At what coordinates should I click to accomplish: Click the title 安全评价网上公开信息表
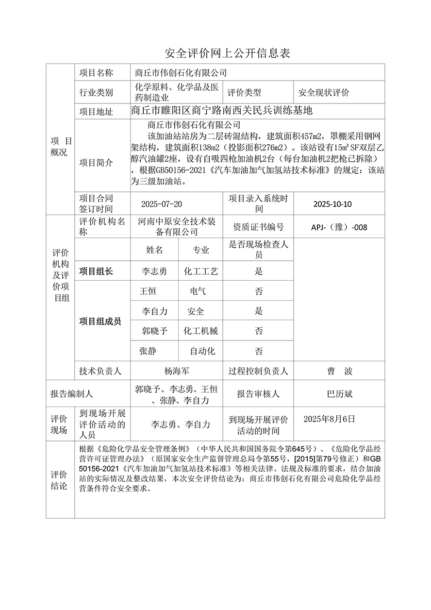[228, 53]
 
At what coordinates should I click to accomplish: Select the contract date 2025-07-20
[162, 204]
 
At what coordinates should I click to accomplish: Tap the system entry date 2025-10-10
[332, 204]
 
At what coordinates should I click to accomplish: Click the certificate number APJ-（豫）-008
[339, 227]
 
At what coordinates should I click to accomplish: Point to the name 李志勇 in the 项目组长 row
[154, 271]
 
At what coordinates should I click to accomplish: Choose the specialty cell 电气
[198, 291]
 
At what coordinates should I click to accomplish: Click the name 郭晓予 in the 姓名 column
[154, 331]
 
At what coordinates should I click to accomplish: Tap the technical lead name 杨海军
[177, 372]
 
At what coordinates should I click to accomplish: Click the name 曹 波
[340, 372]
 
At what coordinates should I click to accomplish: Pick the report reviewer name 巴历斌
[340, 394]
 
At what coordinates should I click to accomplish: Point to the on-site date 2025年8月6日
[329, 419]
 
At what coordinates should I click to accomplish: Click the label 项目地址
[96, 112]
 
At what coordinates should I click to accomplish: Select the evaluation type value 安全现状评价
[324, 92]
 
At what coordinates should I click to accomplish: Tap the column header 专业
[201, 250]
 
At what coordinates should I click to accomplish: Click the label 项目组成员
[100, 322]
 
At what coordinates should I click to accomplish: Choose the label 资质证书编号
[259, 227]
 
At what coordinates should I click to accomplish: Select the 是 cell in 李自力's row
[259, 311]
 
